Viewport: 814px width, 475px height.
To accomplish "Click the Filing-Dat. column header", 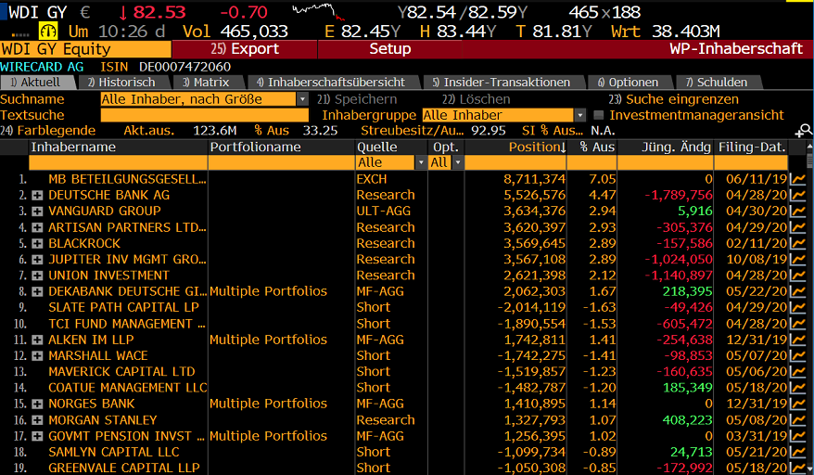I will [x=751, y=148].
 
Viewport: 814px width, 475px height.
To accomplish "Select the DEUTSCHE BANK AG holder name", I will [x=108, y=195].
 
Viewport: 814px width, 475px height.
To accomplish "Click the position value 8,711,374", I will [x=534, y=179].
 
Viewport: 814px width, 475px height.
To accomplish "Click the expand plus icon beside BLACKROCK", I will [x=37, y=243].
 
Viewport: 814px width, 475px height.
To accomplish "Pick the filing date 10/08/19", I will [x=756, y=259].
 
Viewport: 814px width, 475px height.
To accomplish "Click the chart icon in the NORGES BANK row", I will [x=797, y=404].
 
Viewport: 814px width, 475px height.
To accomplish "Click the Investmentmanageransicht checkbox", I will [x=598, y=115].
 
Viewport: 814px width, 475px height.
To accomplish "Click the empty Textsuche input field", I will [x=204, y=115].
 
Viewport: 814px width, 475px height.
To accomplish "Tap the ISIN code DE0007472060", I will [x=184, y=67].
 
